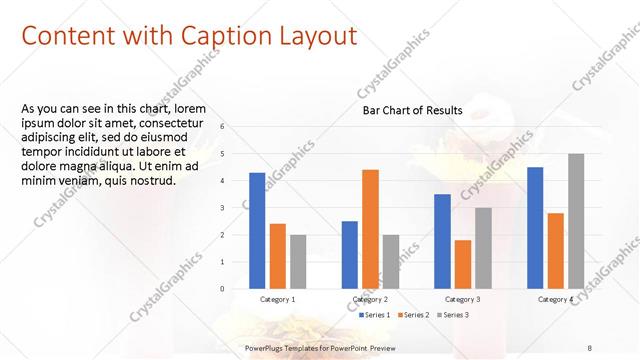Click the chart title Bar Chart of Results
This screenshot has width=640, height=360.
[411, 110]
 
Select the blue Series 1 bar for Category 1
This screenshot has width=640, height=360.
[257, 230]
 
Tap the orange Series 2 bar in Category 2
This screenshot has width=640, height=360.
[370, 229]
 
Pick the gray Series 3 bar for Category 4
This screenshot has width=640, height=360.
[576, 221]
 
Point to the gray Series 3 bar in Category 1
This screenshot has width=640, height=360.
[298, 261]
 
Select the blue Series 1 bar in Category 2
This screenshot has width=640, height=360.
[349, 254]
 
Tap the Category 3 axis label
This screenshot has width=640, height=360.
[463, 299]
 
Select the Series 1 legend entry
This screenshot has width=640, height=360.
[376, 315]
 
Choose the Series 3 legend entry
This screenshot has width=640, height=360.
[451, 315]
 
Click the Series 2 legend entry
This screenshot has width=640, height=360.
[414, 315]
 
